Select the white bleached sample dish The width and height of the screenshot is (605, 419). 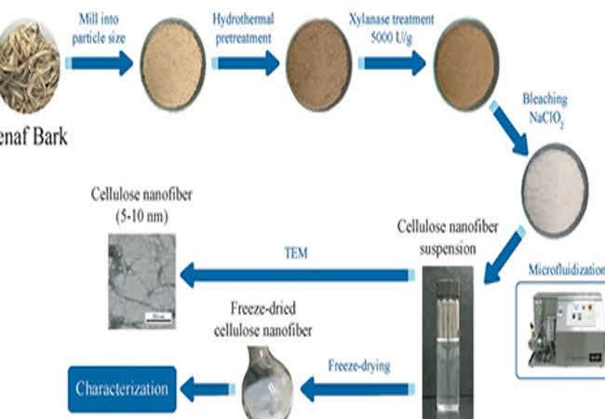click(558, 177)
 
